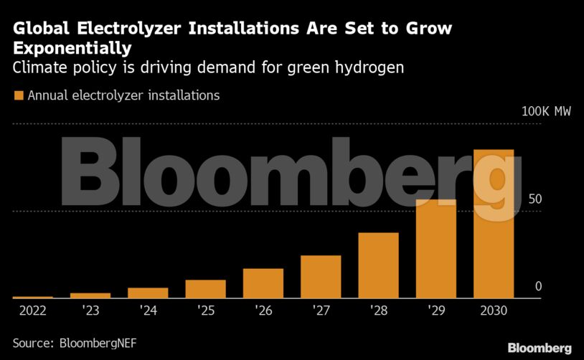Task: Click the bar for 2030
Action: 494,224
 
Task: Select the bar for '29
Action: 436,248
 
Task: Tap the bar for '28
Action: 378,265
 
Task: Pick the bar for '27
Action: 321,277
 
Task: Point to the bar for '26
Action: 263,283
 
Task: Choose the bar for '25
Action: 206,289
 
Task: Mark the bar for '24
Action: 148,293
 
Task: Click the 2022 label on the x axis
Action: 32,312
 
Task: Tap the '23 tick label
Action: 90,312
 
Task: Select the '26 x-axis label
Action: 263,312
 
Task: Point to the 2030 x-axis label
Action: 494,312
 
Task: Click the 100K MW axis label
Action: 546,113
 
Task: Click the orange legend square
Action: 19,95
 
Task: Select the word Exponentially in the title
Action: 72,49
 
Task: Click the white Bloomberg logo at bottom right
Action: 540,348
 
